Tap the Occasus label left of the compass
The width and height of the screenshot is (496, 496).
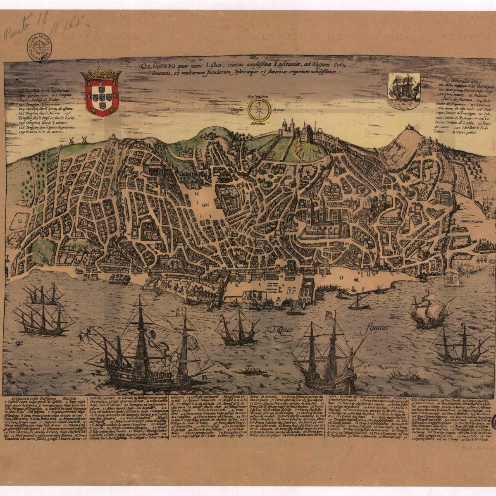[x=239, y=110]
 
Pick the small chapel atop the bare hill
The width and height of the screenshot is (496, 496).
[x=408, y=126]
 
